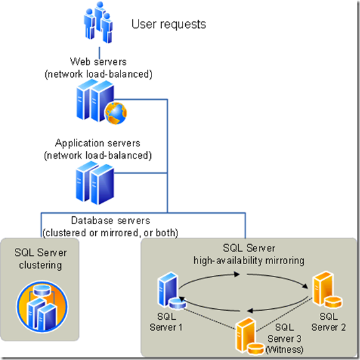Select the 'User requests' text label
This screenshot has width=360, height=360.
pos(168,25)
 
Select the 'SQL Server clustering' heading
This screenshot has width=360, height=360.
pos(39,259)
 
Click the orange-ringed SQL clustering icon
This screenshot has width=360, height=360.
pos(40,305)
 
